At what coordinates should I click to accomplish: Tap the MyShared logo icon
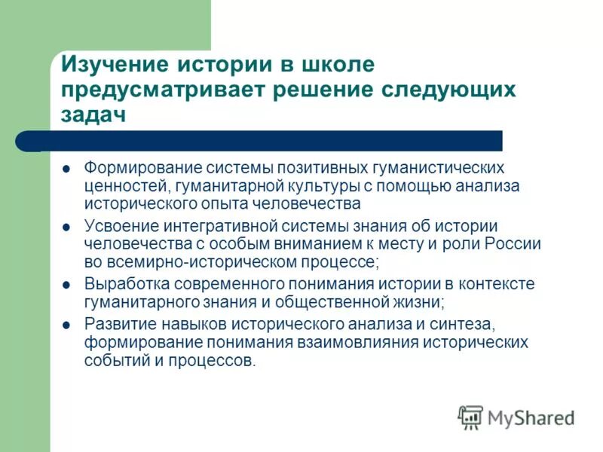(x=470, y=417)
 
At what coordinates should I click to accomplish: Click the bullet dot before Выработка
(x=66, y=286)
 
